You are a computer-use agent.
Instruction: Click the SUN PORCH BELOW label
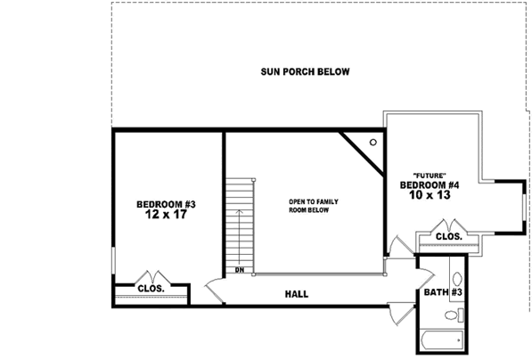(305, 72)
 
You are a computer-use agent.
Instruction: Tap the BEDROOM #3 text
(165, 204)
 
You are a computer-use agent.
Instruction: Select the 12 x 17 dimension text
(165, 216)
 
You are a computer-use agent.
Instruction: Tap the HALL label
(297, 293)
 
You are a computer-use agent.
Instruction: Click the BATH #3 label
(443, 292)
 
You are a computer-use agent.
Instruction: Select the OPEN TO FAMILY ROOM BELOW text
(314, 206)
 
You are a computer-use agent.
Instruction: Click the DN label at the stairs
(239, 270)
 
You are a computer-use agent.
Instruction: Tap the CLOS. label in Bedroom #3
(149, 288)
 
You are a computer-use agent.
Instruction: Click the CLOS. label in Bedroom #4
(448, 236)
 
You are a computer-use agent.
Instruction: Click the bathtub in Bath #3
(442, 340)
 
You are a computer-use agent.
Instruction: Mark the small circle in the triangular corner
(372, 142)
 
